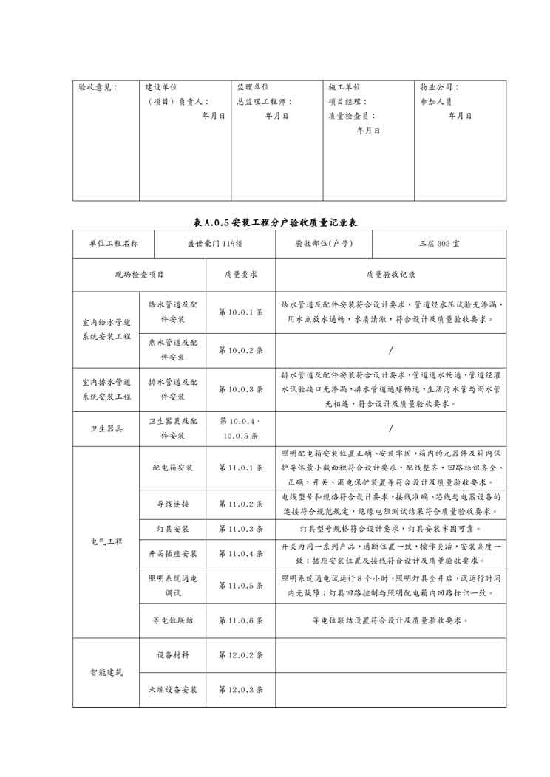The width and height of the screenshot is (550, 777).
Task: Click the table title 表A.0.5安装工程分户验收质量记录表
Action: tap(275, 222)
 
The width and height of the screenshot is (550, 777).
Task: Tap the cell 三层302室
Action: tap(439, 244)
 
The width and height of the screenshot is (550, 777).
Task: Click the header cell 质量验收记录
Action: tap(390, 275)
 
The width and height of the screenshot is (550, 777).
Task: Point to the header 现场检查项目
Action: tap(139, 275)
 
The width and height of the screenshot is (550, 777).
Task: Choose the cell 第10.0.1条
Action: tap(240, 312)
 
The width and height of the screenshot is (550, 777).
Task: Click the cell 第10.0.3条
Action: tap(240, 389)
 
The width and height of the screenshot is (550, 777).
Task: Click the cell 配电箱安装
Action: tap(173, 468)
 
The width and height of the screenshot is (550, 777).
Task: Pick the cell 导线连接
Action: tap(173, 504)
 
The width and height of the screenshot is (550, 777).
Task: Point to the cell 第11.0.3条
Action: tap(240, 529)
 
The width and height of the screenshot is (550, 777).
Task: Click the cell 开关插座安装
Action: tap(173, 554)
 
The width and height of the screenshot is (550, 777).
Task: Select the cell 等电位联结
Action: tap(173, 620)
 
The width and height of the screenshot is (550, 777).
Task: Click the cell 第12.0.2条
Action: tap(240, 655)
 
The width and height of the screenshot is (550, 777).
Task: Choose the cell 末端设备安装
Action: tap(173, 690)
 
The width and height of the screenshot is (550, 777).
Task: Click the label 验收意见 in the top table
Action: tap(97, 87)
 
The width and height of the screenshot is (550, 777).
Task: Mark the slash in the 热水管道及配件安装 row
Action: tap(390, 350)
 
